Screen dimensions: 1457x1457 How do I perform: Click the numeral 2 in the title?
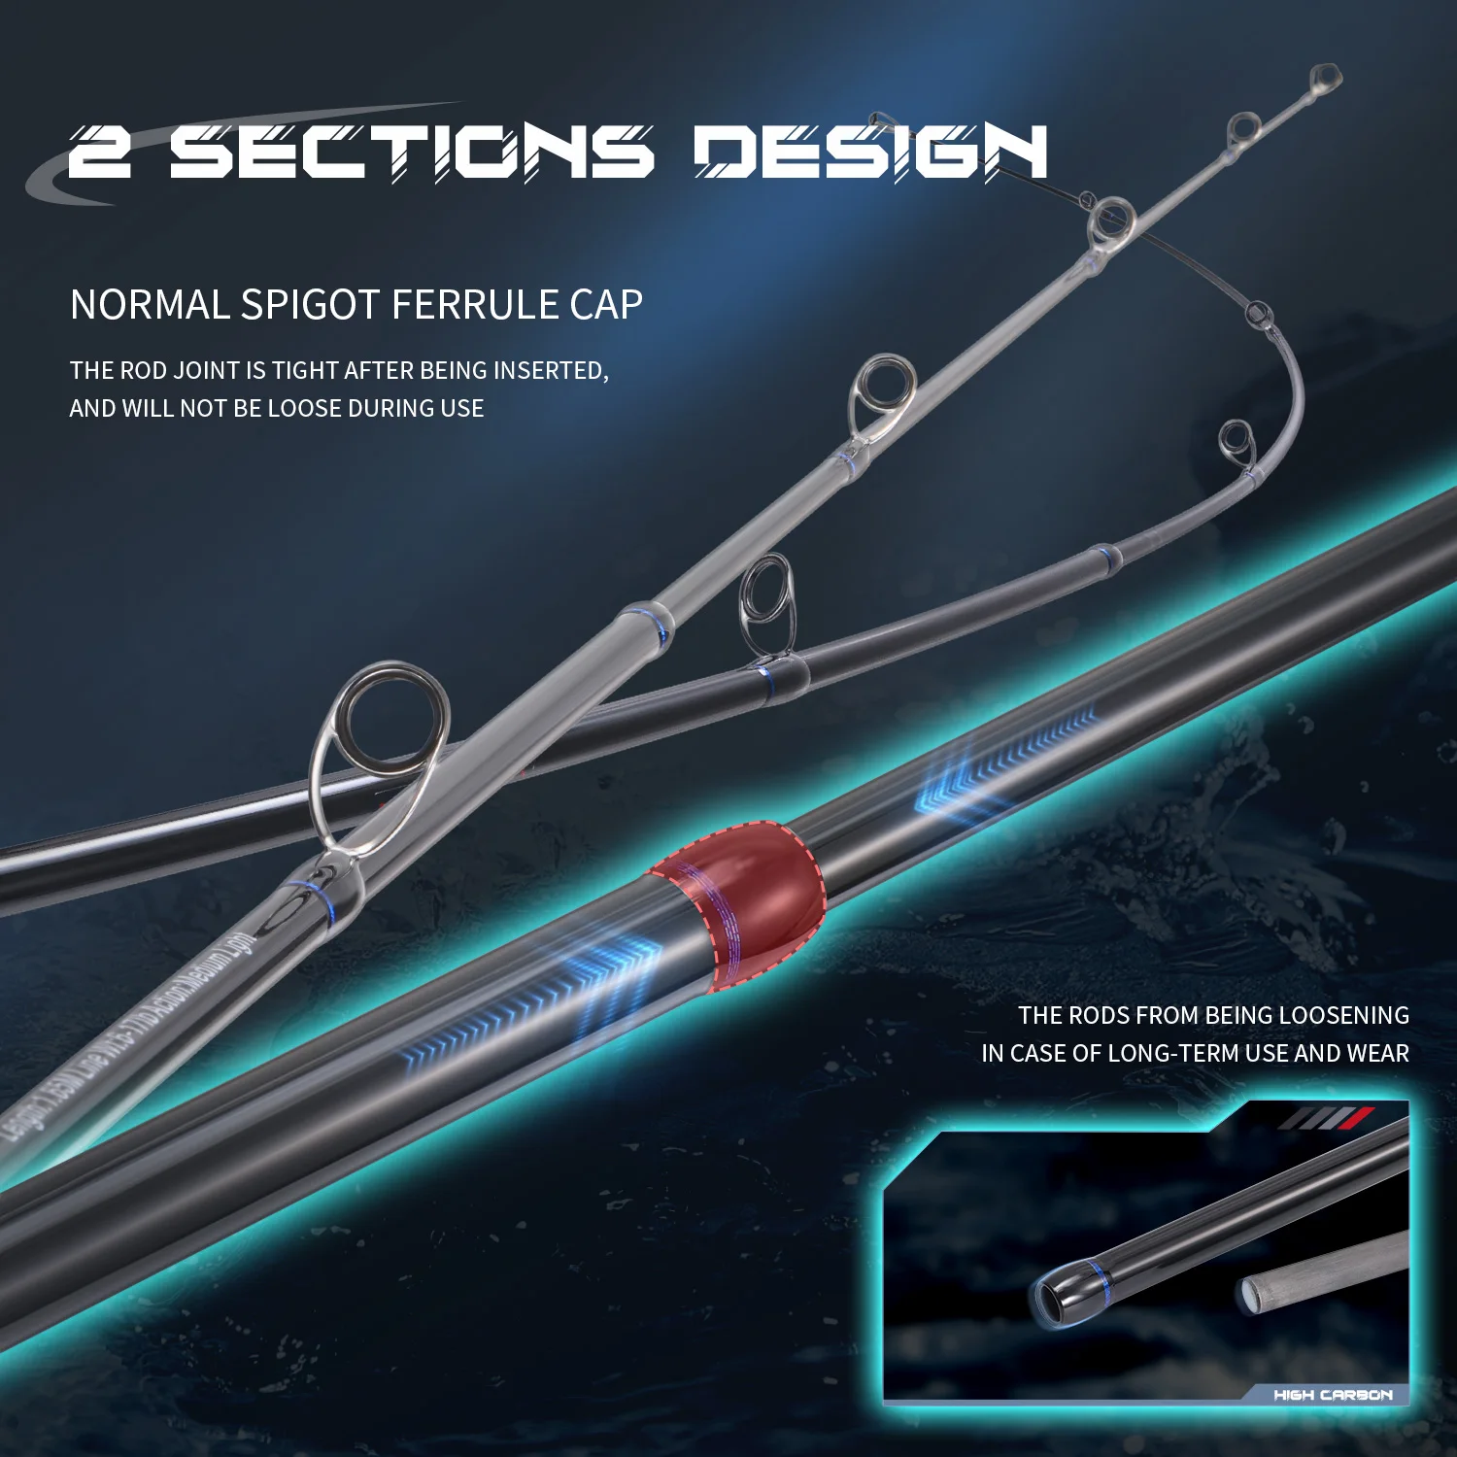coord(100,152)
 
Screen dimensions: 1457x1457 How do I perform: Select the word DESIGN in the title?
coord(870,152)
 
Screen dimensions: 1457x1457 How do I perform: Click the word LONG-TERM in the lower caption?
coord(1199,1054)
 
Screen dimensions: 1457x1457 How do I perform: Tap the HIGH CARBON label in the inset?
coord(1333,1395)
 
